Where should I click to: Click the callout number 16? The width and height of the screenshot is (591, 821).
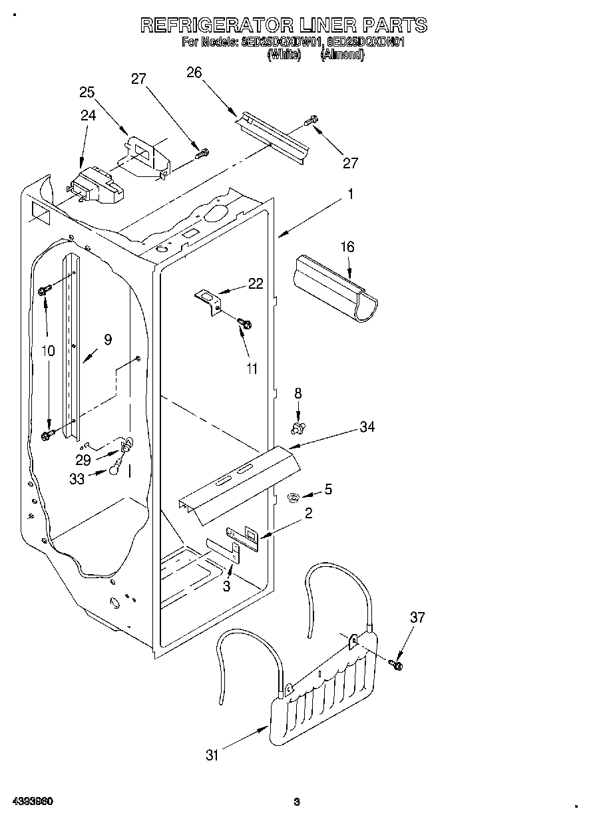(347, 247)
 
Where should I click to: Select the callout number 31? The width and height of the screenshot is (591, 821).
(212, 754)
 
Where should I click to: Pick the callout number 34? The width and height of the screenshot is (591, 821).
(367, 427)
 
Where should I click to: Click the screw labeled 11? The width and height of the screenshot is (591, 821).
(244, 323)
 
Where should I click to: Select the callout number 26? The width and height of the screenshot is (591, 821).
(194, 73)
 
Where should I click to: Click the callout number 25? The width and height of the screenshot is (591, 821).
(87, 92)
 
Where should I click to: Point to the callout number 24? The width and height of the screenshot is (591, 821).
(89, 114)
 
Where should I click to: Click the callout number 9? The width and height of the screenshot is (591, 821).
(108, 339)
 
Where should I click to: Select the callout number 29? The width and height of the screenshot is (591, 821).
(83, 460)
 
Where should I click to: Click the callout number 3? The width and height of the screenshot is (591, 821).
(226, 585)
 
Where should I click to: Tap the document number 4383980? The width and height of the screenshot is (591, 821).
(33, 802)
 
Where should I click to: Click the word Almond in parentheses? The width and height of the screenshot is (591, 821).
(342, 56)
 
